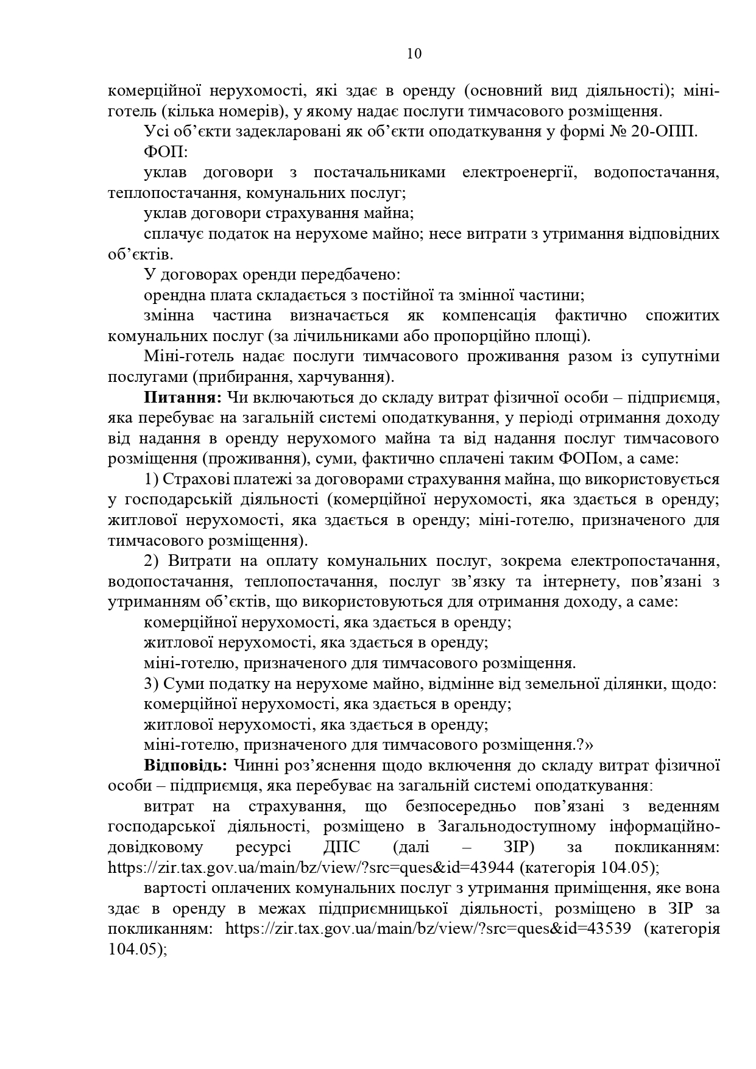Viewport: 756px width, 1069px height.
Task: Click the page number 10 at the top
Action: tap(414, 54)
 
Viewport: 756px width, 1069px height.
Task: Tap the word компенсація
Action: tap(489, 316)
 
